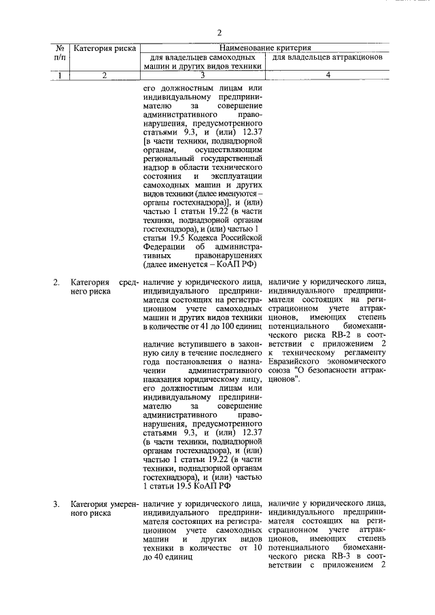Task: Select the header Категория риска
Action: pos(105,49)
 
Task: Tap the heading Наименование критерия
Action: pos(264,48)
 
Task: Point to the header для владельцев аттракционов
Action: pos(328,58)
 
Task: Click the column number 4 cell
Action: pos(328,75)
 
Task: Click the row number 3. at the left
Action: pos(56,504)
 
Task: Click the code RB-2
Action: pos(341,334)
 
